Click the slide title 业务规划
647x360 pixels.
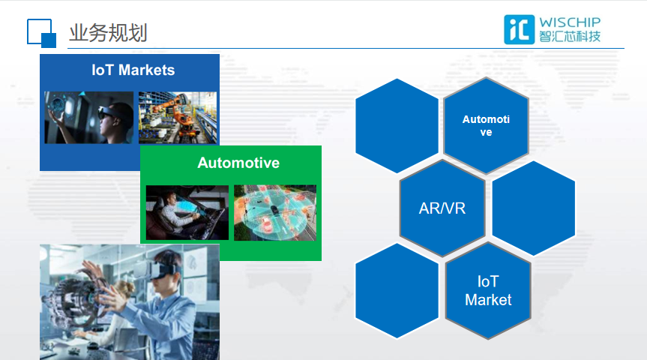point(108,33)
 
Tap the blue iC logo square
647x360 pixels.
point(519,30)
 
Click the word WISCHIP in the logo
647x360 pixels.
point(570,22)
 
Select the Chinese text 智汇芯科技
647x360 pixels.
point(570,37)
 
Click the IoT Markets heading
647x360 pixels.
point(133,70)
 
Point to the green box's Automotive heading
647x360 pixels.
point(238,163)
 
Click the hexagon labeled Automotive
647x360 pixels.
point(486,125)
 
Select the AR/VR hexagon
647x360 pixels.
point(442,208)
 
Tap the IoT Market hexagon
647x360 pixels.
point(488,291)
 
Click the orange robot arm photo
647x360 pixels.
point(178,118)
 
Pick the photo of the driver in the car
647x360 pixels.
point(187,212)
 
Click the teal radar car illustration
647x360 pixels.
point(275,212)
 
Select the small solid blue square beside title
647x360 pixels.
point(49,40)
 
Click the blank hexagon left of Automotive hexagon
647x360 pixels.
point(397,125)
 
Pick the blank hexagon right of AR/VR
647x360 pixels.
point(534,208)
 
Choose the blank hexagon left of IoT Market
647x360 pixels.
point(397,291)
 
